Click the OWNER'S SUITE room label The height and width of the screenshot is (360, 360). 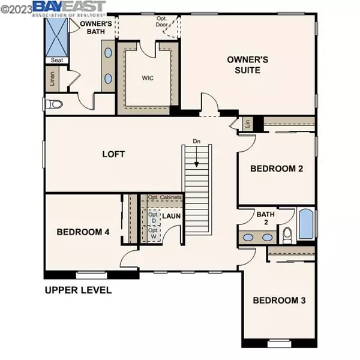coord(247,65)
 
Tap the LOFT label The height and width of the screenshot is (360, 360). coord(113,154)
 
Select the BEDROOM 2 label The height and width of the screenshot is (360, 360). coord(277,169)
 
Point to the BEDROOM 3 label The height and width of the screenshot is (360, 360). coord(279,301)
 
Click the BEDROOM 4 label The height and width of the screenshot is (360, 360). coord(83,232)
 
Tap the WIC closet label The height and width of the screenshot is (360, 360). coord(148,78)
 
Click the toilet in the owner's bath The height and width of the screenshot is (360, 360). coord(54,104)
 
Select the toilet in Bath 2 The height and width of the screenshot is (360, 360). coord(287,235)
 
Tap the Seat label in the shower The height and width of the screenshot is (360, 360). coord(57,60)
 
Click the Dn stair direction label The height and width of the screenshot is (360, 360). coord(197,141)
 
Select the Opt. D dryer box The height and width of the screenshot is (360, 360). coord(154,217)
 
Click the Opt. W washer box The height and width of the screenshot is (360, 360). coord(154,233)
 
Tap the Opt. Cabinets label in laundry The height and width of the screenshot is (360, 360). coord(164,197)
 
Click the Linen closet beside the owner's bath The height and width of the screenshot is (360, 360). coord(52,79)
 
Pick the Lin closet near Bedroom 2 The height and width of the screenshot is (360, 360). coord(248,124)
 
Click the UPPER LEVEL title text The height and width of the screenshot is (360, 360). coord(78,290)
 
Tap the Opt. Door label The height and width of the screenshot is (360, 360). coord(161,22)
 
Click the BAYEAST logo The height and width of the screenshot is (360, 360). coord(69,8)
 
